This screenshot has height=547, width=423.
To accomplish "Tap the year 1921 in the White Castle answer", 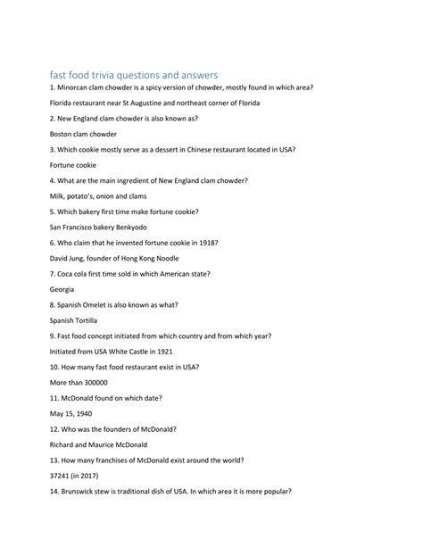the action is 159,351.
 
